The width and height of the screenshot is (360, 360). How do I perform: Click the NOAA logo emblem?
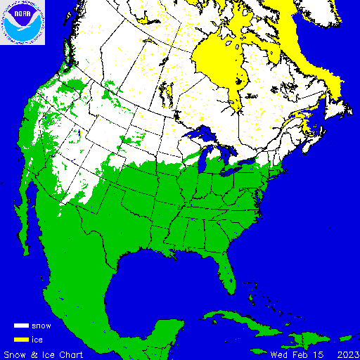22,22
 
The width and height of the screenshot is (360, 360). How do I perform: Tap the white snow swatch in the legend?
21,326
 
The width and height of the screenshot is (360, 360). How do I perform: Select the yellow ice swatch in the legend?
21,339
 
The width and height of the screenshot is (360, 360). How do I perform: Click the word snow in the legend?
41,326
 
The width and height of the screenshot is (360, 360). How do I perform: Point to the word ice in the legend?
37,339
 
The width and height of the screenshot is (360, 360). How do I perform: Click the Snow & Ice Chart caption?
44,354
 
